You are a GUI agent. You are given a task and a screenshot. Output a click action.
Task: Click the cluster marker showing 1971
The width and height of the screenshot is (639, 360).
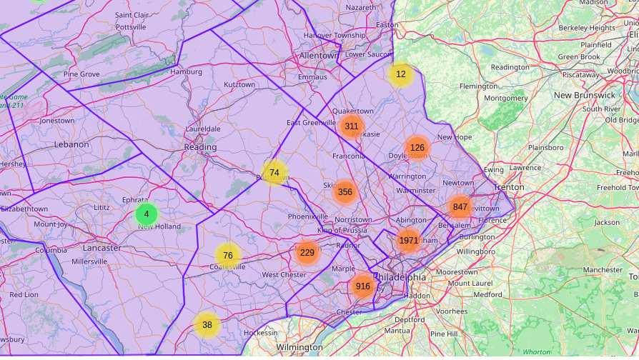point(409,241)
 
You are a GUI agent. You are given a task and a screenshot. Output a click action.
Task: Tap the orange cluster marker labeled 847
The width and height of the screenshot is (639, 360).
point(460,207)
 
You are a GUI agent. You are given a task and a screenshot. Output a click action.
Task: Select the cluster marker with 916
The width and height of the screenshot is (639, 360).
point(363,286)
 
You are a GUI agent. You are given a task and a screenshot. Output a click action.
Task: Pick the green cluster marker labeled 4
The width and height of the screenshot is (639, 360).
point(147,214)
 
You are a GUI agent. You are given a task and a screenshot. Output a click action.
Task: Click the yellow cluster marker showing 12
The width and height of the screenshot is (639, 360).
point(400,74)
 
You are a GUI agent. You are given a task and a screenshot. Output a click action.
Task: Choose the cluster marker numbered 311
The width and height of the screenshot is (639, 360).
point(351,126)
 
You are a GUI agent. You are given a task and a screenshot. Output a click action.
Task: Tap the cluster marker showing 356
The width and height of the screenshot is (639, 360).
point(345,191)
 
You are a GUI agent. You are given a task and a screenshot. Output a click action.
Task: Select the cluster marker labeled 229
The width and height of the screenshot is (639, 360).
point(307,252)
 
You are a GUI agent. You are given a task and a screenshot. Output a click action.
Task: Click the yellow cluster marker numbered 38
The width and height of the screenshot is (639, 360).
point(207,324)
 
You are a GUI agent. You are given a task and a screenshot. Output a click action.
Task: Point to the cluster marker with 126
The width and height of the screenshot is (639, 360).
point(417,148)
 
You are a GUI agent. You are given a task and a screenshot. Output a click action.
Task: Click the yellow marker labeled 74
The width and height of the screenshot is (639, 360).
point(274,172)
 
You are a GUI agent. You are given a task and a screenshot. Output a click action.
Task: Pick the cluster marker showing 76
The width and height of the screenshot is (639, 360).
point(227,255)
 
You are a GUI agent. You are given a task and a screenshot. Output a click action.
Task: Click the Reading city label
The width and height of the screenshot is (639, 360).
point(200,147)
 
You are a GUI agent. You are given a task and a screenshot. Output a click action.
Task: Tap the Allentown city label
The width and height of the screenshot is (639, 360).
point(319,55)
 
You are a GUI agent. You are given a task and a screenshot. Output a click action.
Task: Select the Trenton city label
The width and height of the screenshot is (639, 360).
point(509,186)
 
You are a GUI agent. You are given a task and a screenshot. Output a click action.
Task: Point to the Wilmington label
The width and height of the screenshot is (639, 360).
point(299,347)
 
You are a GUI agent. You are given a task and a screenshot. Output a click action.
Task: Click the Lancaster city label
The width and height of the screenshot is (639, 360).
point(102,248)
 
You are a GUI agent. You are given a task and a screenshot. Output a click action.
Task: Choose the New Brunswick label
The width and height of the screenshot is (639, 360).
point(584,95)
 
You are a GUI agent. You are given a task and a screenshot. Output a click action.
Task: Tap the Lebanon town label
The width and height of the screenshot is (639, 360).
point(71,144)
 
